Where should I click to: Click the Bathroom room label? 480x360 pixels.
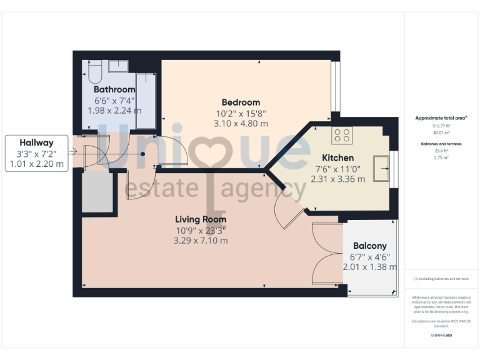point(114,90)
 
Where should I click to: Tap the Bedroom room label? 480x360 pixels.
point(241,102)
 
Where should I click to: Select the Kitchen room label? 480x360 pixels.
point(337,158)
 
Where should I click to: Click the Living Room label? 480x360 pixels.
point(200,219)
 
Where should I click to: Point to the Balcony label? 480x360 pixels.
point(369,246)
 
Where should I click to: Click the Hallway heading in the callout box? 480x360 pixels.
point(36,142)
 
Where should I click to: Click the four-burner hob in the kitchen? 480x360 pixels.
point(341,135)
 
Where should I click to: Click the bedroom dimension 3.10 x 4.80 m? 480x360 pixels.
point(241,124)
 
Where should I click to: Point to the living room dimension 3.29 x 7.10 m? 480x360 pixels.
point(201,240)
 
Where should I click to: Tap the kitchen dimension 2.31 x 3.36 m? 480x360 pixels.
point(338,179)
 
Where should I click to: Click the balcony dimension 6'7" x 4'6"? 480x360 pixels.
point(369,256)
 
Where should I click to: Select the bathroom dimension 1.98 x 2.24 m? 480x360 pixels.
point(114,111)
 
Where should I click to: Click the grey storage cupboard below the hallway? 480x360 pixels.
point(97,192)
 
